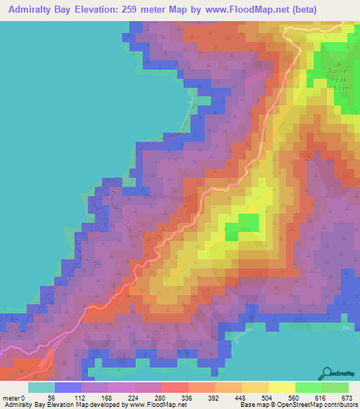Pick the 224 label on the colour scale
click(129, 397)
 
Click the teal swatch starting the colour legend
click(41, 387)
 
